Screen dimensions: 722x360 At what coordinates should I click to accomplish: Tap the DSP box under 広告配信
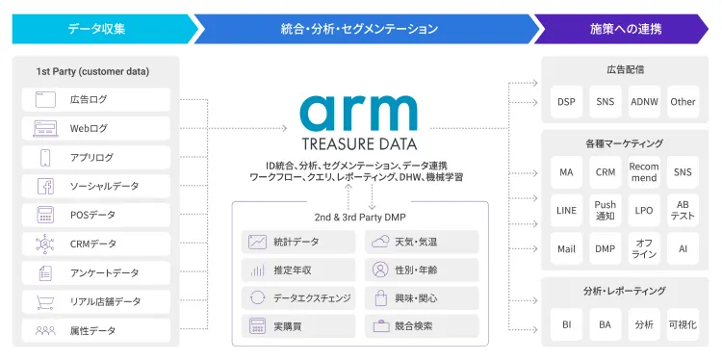[x=566, y=102]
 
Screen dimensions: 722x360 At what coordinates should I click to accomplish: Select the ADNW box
[x=643, y=102]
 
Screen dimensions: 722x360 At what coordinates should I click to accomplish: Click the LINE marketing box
[x=566, y=210]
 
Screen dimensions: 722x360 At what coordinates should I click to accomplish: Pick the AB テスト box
[x=683, y=210]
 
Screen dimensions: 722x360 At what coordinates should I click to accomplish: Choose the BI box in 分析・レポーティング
[x=566, y=325]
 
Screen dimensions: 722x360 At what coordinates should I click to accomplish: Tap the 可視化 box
[x=683, y=325]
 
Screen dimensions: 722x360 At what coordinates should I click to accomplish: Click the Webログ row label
[x=89, y=128]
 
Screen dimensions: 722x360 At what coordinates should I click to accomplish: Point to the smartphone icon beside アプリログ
[x=45, y=158]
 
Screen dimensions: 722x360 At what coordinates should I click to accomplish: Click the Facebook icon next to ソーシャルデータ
[x=45, y=187]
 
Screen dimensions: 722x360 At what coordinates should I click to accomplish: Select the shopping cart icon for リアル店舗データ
[x=45, y=302]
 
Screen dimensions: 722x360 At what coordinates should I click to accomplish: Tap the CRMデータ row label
[x=93, y=244]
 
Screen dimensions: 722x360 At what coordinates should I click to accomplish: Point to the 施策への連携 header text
[x=626, y=29]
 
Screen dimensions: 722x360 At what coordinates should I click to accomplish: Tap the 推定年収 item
[x=297, y=270]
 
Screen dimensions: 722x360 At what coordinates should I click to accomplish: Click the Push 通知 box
[x=605, y=210]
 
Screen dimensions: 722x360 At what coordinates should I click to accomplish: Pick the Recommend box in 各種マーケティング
[x=644, y=172]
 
